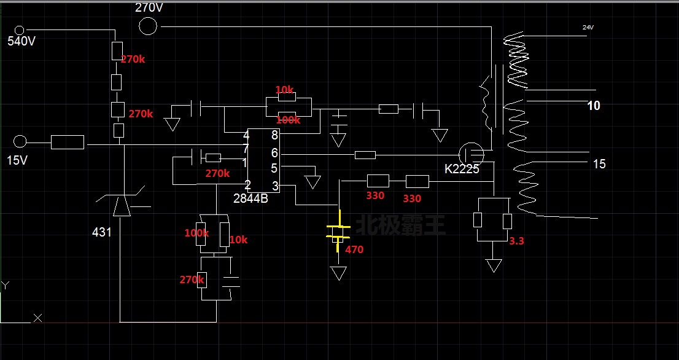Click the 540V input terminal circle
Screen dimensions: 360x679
point(19,29)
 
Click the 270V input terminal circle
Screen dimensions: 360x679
point(147,26)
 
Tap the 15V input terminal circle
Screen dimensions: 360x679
point(20,142)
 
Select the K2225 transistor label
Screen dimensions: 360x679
point(462,169)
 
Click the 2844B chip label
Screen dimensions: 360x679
point(250,198)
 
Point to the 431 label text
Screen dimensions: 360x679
point(102,232)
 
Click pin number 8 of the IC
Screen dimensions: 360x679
point(274,135)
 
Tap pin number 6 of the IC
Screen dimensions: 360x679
point(274,152)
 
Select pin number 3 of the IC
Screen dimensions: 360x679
point(274,186)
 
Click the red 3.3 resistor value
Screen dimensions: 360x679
point(516,241)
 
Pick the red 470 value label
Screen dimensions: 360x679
point(354,250)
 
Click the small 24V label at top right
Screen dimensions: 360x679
point(588,28)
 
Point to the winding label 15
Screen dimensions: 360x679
point(599,164)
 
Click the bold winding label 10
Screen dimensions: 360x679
point(594,106)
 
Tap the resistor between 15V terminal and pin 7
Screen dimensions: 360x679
point(67,143)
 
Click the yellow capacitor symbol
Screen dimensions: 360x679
point(338,231)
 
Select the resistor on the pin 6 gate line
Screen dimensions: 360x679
point(365,155)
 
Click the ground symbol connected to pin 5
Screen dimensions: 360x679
point(313,182)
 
